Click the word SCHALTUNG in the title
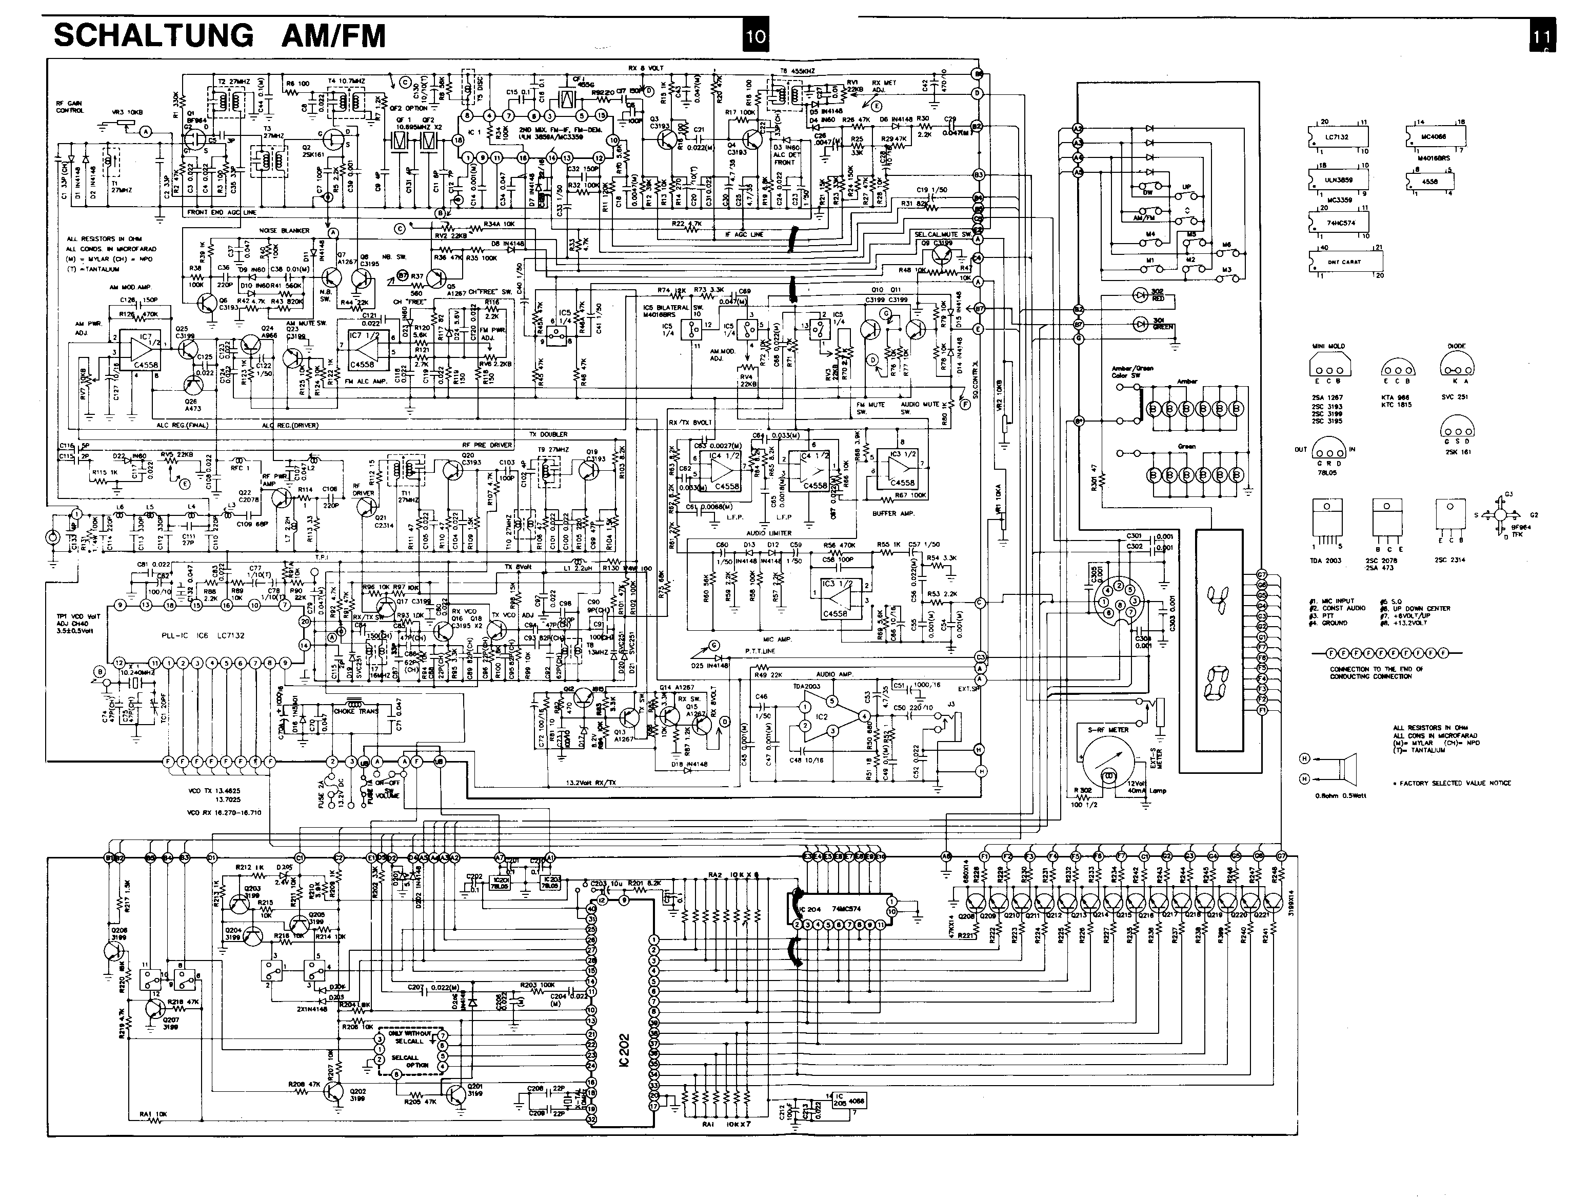(x=153, y=36)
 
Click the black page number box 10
(x=756, y=36)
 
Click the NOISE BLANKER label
(x=284, y=231)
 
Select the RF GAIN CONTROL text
(x=70, y=107)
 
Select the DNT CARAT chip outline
(x=1342, y=262)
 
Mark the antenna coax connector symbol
(x=52, y=537)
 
